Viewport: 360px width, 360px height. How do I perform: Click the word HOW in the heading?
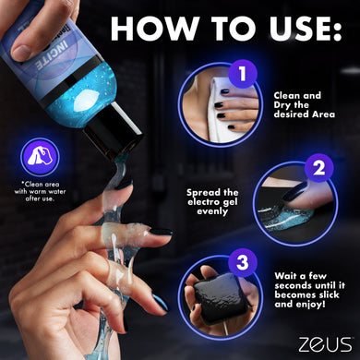[147, 29]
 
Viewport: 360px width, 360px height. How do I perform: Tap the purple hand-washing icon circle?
[42, 155]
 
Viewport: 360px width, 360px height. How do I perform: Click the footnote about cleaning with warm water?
[41, 190]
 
